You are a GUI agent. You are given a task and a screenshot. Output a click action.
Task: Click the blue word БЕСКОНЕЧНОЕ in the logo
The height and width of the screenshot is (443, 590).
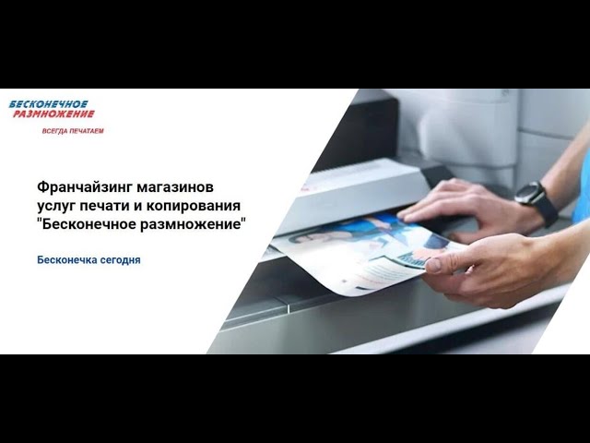pos(49,104)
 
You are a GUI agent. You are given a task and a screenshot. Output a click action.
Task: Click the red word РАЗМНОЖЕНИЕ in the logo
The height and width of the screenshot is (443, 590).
pos(53,114)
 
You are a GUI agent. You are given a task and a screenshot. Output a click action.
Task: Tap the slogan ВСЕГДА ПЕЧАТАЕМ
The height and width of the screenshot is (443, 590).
pos(73,131)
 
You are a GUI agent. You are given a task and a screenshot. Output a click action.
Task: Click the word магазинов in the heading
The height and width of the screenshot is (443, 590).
pos(175,187)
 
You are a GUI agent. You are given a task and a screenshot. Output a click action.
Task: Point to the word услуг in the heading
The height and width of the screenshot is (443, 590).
pos(57,207)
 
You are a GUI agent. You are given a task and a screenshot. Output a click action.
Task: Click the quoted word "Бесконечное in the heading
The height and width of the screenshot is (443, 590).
pos(87,224)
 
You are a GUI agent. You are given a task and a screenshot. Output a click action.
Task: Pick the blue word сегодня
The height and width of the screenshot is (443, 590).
pos(119,260)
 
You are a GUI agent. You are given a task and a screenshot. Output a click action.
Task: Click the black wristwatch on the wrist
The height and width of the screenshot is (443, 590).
pos(537,201)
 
